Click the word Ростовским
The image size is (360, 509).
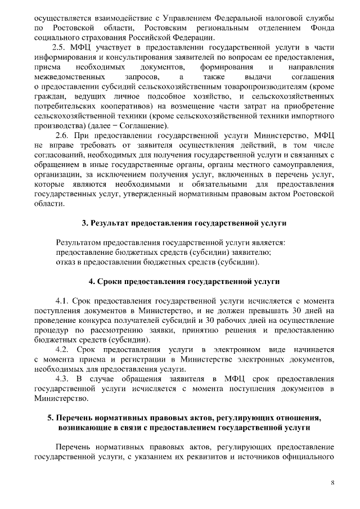tap(167, 27)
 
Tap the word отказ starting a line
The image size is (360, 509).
tap(66, 262)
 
